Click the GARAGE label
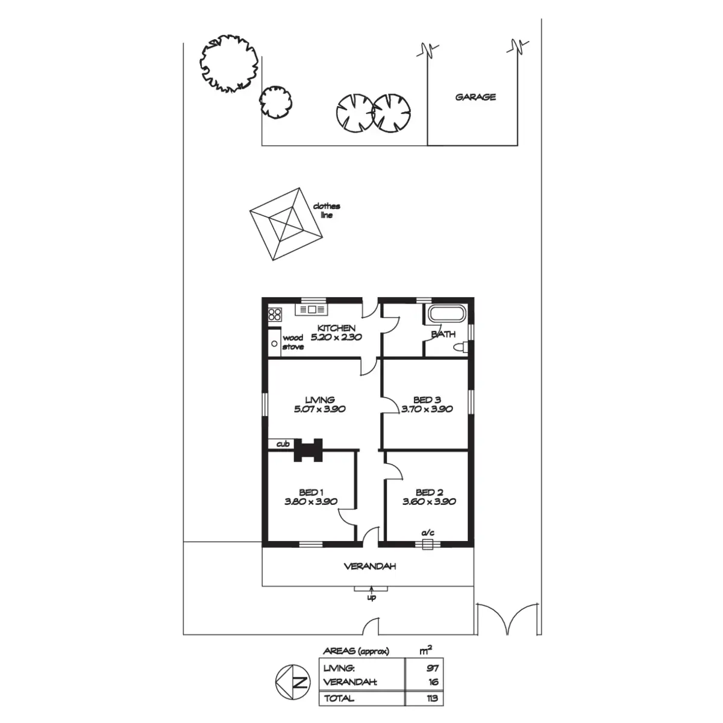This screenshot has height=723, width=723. (475, 97)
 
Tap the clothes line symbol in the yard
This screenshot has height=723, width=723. (286, 224)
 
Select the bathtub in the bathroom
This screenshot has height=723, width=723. (447, 314)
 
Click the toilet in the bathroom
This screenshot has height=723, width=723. (461, 346)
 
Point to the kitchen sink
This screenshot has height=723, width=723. (311, 310)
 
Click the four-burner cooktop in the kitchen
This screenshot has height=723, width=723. (275, 314)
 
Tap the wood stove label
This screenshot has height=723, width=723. (293, 342)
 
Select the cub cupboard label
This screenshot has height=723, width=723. (283, 444)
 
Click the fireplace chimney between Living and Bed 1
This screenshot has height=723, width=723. (308, 450)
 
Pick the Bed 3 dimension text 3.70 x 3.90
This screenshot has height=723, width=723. (427, 409)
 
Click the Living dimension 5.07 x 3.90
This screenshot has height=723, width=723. (320, 409)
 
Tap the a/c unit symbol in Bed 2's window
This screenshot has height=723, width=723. (428, 544)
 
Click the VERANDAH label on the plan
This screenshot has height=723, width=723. (370, 566)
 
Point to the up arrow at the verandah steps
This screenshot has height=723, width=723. (372, 590)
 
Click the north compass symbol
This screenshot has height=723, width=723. (293, 682)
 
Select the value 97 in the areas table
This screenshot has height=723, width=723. (433, 668)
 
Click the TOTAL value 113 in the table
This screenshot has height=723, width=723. (432, 698)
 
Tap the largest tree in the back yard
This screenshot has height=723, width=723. (229, 63)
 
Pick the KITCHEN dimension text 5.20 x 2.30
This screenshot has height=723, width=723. (336, 337)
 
